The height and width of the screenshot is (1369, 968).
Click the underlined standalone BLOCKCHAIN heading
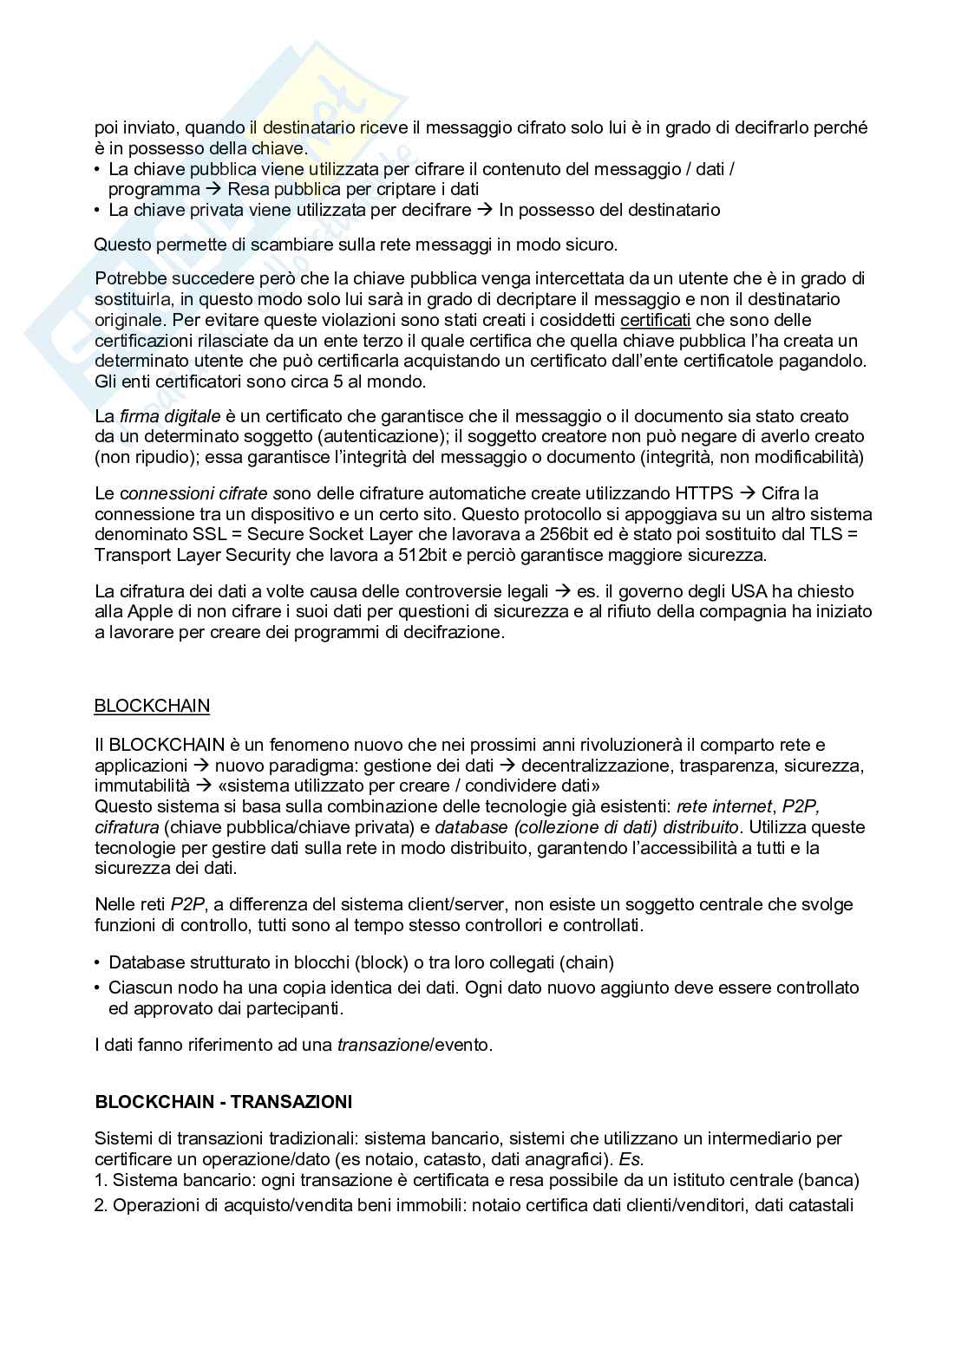[152, 706]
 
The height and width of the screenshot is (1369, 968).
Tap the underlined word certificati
[656, 320]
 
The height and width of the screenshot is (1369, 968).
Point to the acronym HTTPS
[703, 493]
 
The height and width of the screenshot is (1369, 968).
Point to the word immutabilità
[141, 786]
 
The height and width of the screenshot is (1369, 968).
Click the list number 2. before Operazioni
[101, 1205]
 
